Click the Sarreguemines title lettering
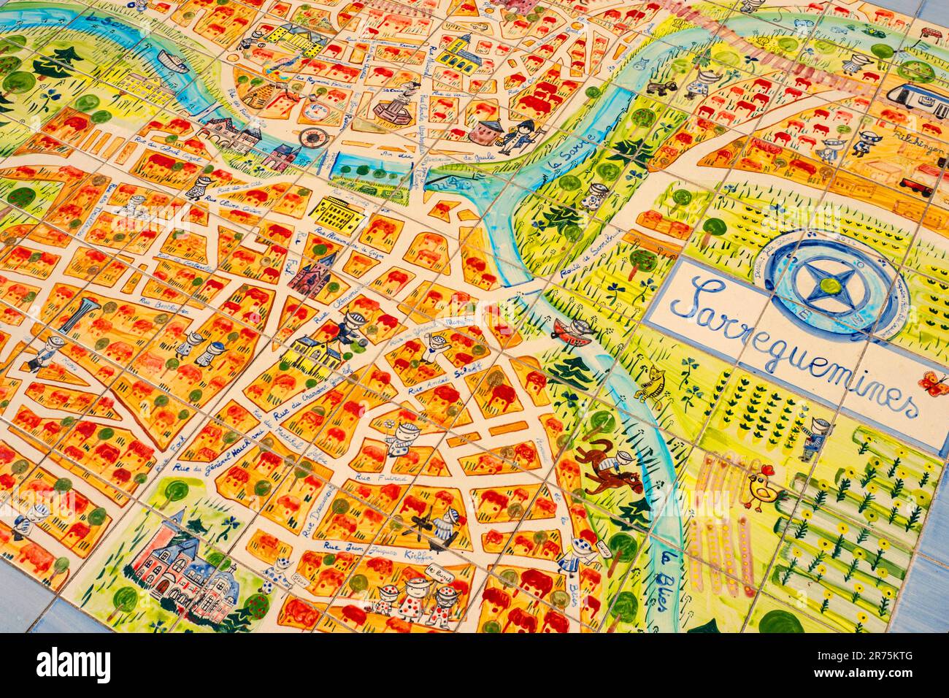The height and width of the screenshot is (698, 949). point(792,343)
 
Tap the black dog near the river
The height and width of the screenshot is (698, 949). point(661,88)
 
